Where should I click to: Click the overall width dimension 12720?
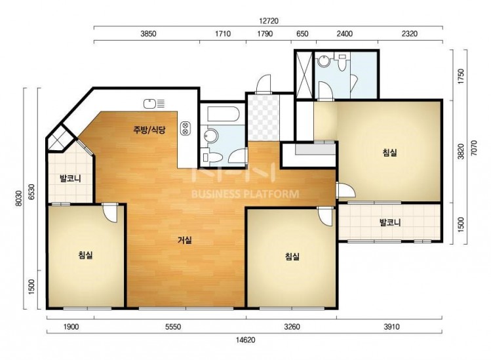coord(269,21)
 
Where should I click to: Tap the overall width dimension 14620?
coord(245,340)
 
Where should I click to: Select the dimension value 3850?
coord(148,33)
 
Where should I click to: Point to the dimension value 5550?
coord(173,327)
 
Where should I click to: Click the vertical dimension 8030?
coord(20,198)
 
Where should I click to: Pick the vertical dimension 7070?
coord(474,148)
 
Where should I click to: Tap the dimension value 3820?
coord(461,151)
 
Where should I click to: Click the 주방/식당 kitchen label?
coord(149,130)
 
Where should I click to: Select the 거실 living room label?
coord(185,240)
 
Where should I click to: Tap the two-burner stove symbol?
coord(185,128)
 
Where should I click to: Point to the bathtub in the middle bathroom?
coord(223,114)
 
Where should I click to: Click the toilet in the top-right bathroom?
coord(342,62)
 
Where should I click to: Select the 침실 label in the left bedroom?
coord(85,255)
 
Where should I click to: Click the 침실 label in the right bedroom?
coord(390,153)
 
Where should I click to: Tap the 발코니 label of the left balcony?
coord(70,178)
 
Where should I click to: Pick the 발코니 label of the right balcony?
coord(390,222)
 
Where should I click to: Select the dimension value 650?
coord(302,33)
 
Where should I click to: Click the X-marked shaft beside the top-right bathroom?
coord(304,75)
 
